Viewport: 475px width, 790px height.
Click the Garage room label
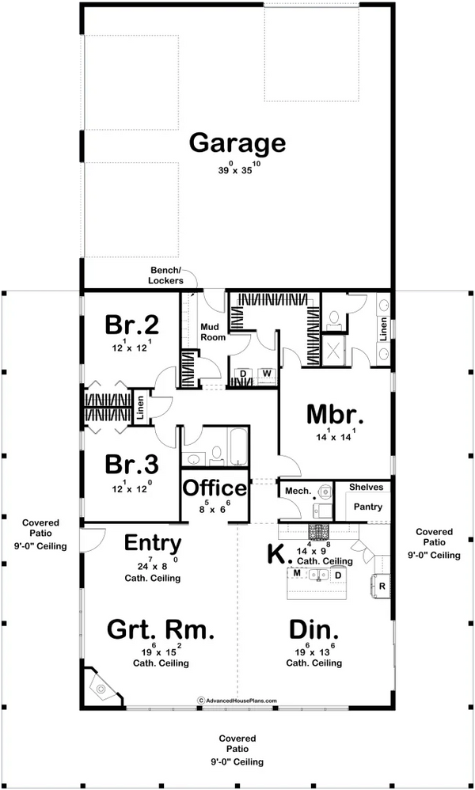click(237, 143)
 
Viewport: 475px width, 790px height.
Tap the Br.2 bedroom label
click(131, 325)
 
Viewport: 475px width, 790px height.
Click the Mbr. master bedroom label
click(334, 415)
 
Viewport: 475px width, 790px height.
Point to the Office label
click(215, 488)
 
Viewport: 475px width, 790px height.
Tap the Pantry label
click(367, 507)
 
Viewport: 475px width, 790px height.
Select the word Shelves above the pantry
click(366, 488)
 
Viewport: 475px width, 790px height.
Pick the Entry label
click(153, 544)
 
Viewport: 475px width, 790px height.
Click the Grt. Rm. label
click(161, 630)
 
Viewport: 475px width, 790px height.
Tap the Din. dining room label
click(313, 630)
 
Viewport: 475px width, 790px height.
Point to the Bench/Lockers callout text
click(165, 275)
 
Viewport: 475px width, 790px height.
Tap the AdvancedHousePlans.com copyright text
click(237, 700)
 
